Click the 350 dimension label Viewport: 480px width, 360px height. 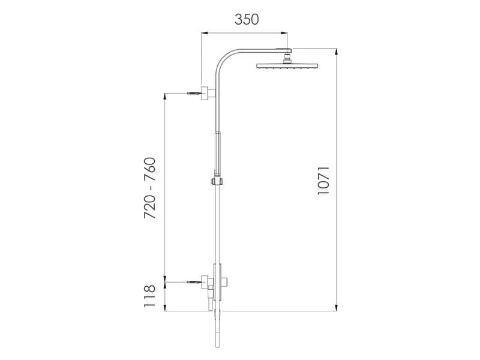click(246, 19)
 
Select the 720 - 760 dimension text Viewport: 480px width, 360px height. click(150, 187)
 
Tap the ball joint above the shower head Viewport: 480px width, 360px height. click(287, 58)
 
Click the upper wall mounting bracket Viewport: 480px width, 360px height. click(208, 94)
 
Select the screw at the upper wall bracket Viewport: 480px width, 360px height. click(193, 94)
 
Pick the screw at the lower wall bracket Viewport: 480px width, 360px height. click(193, 281)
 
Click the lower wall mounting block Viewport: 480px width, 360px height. click(205, 282)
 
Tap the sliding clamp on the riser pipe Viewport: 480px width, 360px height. click(216, 181)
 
